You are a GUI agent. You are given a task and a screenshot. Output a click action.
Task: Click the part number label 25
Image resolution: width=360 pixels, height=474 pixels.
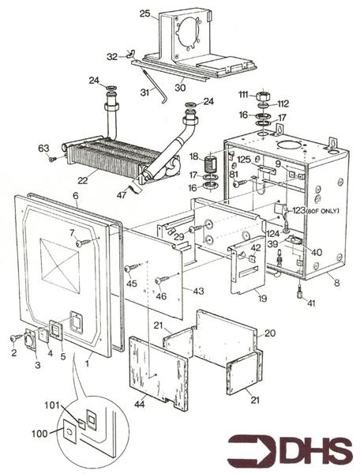(x=144, y=13)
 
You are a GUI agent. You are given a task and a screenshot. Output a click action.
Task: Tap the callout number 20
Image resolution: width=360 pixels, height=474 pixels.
(x=271, y=333)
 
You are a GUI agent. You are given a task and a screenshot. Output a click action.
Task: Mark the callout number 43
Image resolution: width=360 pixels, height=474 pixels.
(x=198, y=292)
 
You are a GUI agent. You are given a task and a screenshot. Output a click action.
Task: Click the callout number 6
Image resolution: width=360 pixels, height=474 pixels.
(x=75, y=195)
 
